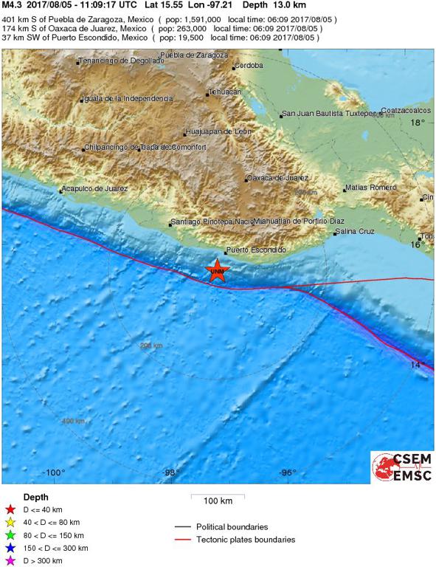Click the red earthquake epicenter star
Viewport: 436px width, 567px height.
pyautogui.click(x=217, y=271)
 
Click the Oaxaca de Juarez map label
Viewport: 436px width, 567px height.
pyautogui.click(x=278, y=178)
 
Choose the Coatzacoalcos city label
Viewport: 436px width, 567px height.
pyautogui.click(x=406, y=110)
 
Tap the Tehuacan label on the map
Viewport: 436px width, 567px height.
pyautogui.click(x=225, y=92)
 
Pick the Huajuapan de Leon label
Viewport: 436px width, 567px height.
pyautogui.click(x=219, y=132)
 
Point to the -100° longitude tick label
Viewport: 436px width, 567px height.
pyautogui.click(x=53, y=473)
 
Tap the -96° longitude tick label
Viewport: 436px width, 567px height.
pyautogui.click(x=288, y=473)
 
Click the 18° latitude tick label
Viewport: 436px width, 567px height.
pyautogui.click(x=418, y=123)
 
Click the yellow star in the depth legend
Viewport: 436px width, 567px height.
pyautogui.click(x=10, y=522)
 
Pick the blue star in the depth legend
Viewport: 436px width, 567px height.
pyautogui.click(x=10, y=549)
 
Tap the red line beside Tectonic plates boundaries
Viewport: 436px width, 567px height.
pyautogui.click(x=184, y=540)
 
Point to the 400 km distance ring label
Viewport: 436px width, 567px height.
pyautogui.click(x=73, y=421)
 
